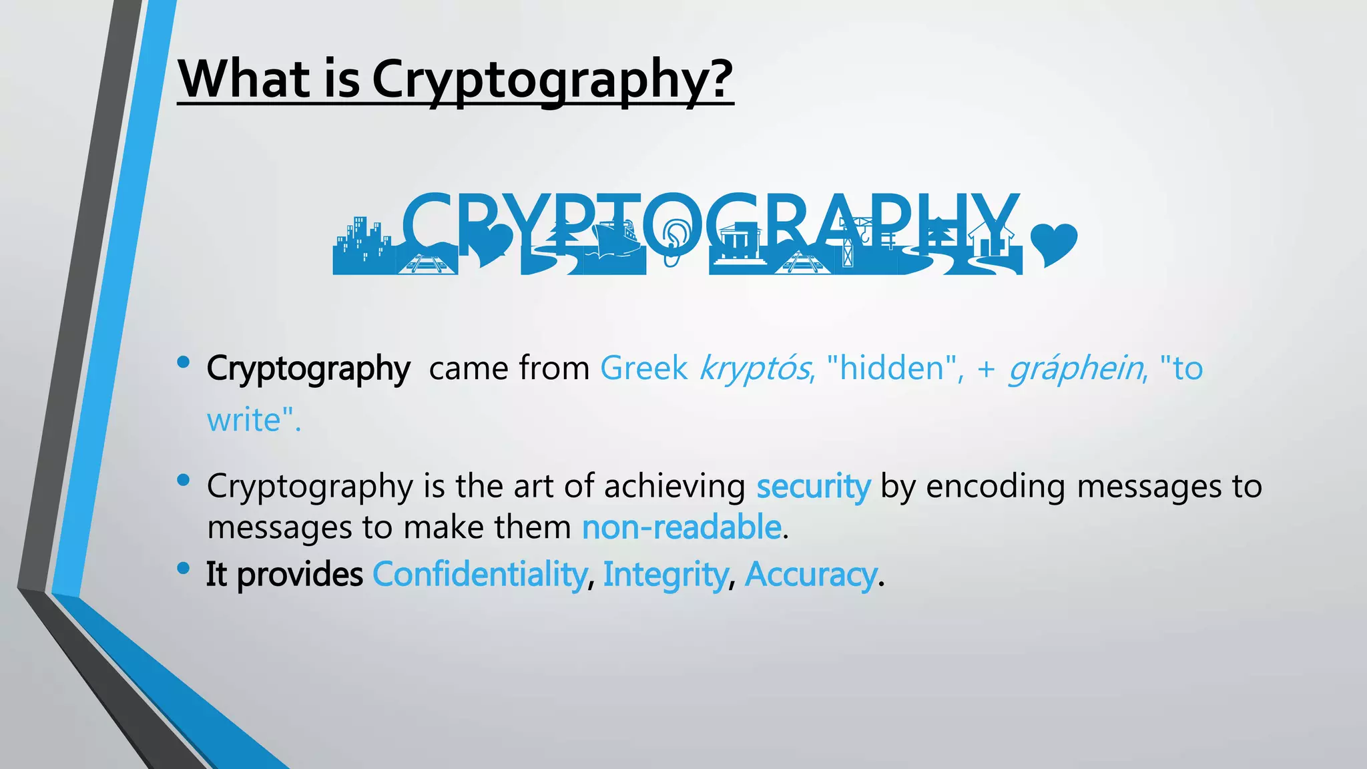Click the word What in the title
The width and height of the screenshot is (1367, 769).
(x=244, y=79)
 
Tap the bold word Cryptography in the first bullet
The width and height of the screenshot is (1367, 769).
(x=308, y=369)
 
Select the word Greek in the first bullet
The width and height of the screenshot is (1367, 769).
(x=643, y=368)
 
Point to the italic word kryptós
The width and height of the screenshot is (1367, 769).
(x=754, y=369)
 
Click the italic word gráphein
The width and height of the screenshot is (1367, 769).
(x=1075, y=369)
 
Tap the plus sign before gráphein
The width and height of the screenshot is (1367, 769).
(x=986, y=369)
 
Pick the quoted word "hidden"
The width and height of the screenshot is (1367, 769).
(x=893, y=368)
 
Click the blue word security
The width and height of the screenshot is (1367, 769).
(x=813, y=487)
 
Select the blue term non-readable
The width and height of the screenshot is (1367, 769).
(x=681, y=527)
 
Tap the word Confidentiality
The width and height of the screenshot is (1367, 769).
(x=479, y=575)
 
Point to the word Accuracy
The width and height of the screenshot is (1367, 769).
(x=810, y=575)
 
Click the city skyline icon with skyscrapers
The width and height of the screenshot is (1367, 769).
(x=364, y=244)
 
